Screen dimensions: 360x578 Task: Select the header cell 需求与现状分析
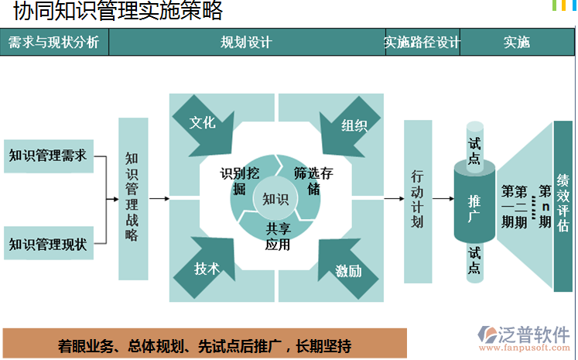[54, 43]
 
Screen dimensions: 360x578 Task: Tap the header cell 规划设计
[246, 43]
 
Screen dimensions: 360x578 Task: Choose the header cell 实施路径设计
[422, 43]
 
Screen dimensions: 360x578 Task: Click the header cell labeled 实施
[517, 43]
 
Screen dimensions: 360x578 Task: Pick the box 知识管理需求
[47, 156]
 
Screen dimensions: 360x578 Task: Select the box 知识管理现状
[47, 245]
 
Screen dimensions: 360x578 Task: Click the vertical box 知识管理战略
[132, 198]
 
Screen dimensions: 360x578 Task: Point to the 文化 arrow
[203, 123]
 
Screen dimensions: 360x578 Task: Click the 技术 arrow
[206, 269]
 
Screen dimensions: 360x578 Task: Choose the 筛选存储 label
[313, 180]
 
